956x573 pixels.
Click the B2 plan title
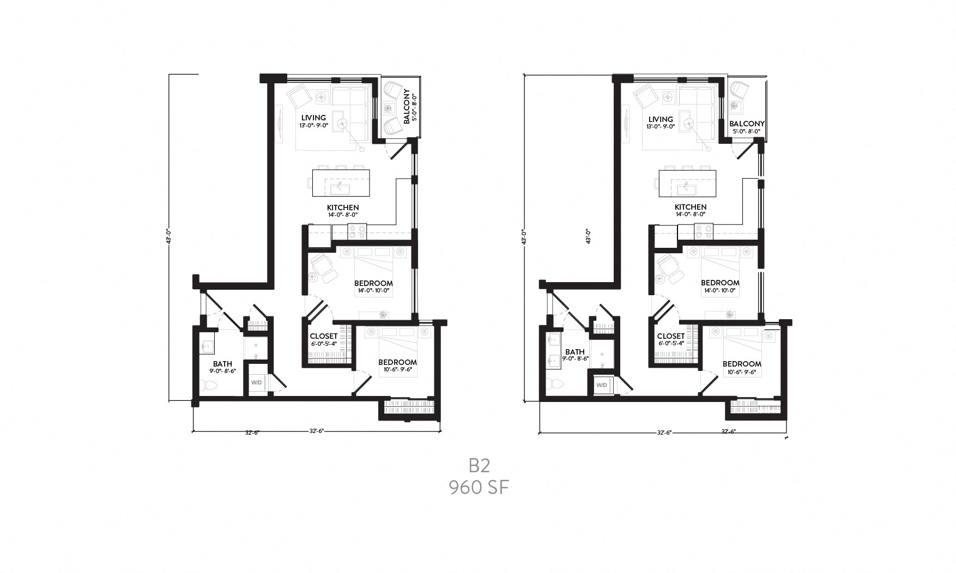tap(480, 465)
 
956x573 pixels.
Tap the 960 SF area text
tap(479, 487)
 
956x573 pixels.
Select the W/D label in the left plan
tap(256, 382)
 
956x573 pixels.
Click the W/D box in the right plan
tap(602, 385)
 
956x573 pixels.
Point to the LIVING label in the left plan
tap(313, 118)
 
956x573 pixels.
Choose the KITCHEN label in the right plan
tap(691, 207)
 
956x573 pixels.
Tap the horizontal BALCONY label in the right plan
tap(747, 124)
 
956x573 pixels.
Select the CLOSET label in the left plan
tap(324, 336)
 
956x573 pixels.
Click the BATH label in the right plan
tap(575, 352)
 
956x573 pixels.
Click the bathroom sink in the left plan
tap(207, 345)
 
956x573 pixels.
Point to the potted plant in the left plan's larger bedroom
tap(384, 314)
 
